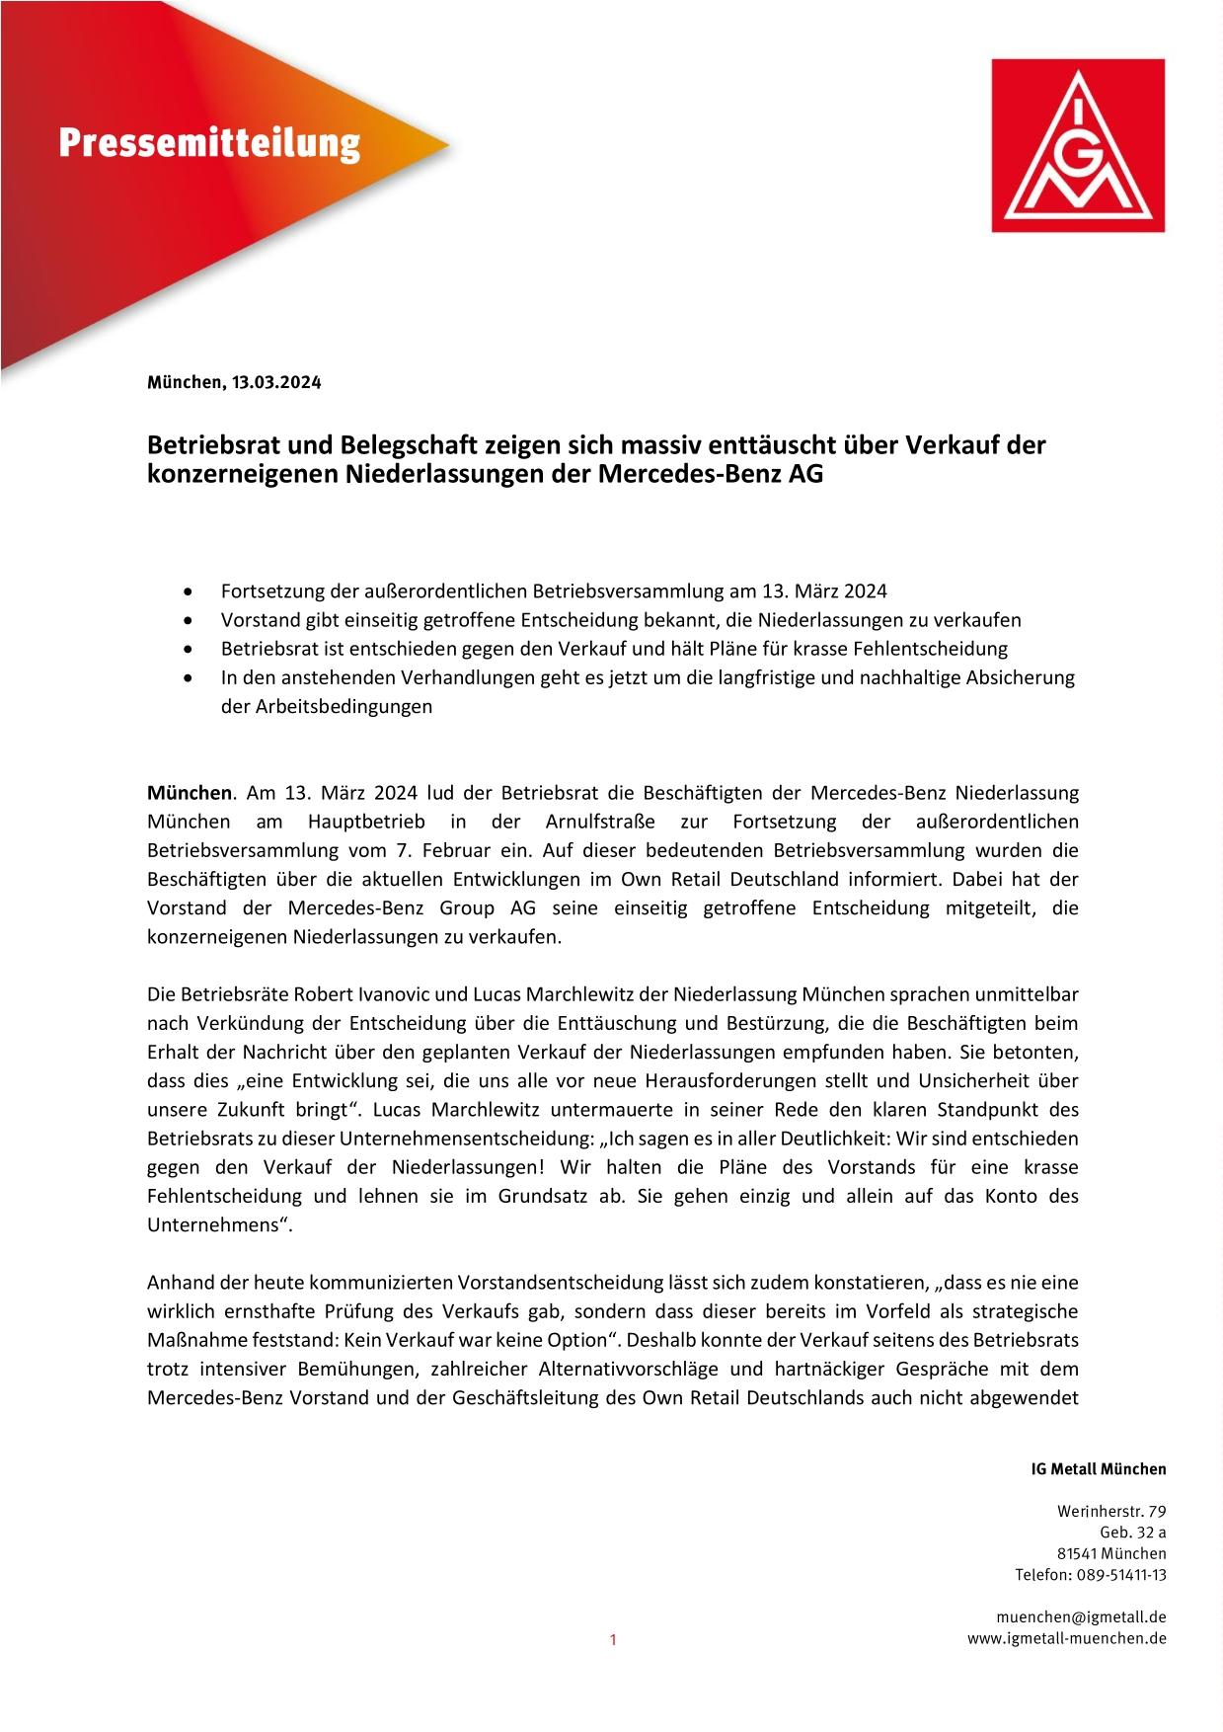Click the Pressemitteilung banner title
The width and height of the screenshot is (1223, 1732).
pyautogui.click(x=209, y=144)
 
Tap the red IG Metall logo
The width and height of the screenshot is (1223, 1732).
pyautogui.click(x=1078, y=145)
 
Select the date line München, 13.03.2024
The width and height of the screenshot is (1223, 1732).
pyautogui.click(x=234, y=382)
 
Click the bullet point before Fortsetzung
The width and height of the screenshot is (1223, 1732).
pyautogui.click(x=189, y=592)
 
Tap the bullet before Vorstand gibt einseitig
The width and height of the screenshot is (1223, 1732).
pyautogui.click(x=189, y=621)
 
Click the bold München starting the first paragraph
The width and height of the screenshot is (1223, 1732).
pyautogui.click(x=190, y=793)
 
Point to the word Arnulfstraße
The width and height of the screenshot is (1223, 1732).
pyautogui.click(x=602, y=822)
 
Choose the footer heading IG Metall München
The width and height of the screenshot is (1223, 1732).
pyautogui.click(x=1099, y=1469)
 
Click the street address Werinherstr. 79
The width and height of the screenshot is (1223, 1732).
pyautogui.click(x=1111, y=1511)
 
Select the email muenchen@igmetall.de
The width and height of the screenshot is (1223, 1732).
pyautogui.click(x=1082, y=1616)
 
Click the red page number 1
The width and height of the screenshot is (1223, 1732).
pyautogui.click(x=612, y=1641)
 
